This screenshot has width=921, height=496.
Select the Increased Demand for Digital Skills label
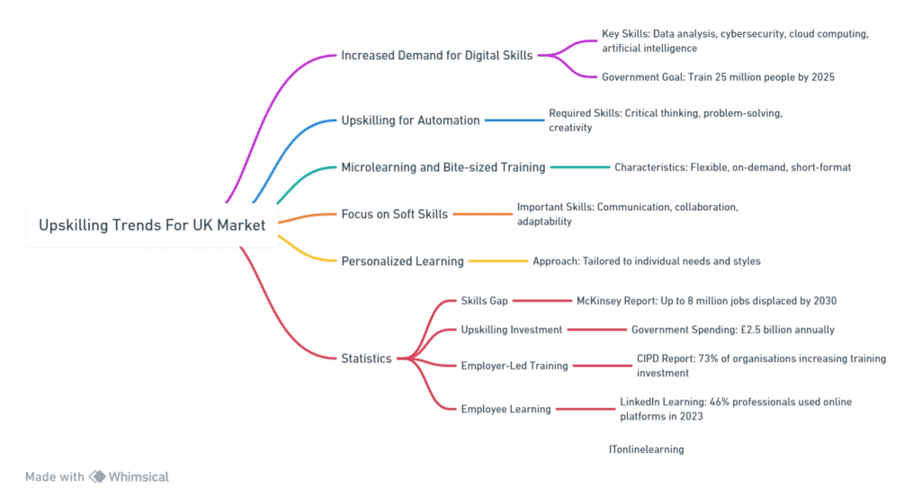[437, 56]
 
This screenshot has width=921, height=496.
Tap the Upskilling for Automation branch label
[410, 120]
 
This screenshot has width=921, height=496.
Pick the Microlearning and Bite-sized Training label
[443, 167]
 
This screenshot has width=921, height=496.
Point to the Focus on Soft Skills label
[393, 214]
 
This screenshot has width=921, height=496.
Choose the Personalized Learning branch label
[402, 261]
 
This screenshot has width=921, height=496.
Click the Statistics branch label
[366, 359]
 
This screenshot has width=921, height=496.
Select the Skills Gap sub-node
[485, 300]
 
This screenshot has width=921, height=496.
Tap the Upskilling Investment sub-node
[512, 330]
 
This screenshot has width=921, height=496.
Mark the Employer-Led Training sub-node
[514, 366]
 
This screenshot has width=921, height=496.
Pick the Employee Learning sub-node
[505, 409]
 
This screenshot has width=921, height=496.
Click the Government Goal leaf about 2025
[719, 77]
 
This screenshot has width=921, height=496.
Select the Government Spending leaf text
[732, 330]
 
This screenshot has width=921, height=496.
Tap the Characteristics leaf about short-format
[732, 167]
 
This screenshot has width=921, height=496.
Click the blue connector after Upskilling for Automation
[514, 120]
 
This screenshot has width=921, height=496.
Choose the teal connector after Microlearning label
[579, 167]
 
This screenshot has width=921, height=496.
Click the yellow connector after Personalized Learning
[497, 261]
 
